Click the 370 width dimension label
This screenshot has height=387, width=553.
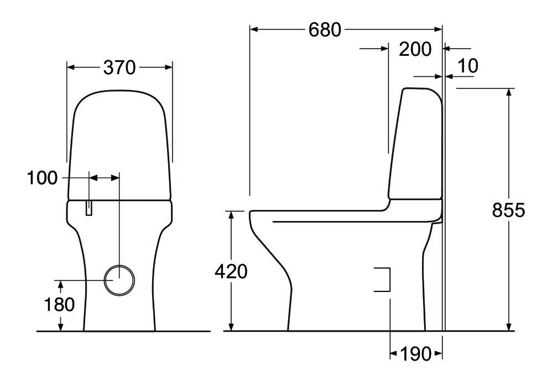tap(119, 67)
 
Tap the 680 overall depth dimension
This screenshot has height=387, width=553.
tap(325, 30)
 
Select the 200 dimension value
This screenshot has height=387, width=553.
tap(415, 49)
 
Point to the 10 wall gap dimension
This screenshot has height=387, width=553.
tap(468, 66)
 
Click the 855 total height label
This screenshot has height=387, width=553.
tap(509, 211)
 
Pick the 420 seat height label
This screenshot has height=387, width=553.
tap(231, 271)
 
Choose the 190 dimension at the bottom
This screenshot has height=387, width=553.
tap(415, 354)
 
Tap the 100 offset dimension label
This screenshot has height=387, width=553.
tap(42, 178)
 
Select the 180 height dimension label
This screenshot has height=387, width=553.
tap(59, 304)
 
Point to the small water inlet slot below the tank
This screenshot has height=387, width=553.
tap(89, 208)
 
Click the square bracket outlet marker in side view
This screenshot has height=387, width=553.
tap(390, 280)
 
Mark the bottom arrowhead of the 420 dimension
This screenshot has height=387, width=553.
tap(231, 327)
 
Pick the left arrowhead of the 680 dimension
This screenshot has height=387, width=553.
tap(254, 30)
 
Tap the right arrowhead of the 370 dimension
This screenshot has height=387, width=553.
tap(168, 67)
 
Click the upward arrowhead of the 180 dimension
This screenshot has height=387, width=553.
tap(61, 284)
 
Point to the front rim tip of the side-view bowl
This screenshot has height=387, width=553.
tap(251, 213)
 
